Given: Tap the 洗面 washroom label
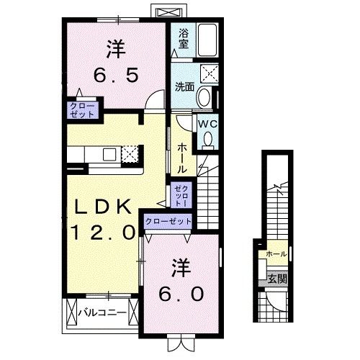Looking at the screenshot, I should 184,87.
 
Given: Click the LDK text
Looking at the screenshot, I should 105,207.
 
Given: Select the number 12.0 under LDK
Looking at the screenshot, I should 104,232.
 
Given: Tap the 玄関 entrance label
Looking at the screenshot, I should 276,279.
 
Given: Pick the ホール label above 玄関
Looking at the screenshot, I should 276,254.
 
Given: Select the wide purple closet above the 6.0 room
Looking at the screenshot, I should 168,222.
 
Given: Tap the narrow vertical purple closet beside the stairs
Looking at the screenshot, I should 179,195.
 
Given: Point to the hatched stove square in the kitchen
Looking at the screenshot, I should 130,153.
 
